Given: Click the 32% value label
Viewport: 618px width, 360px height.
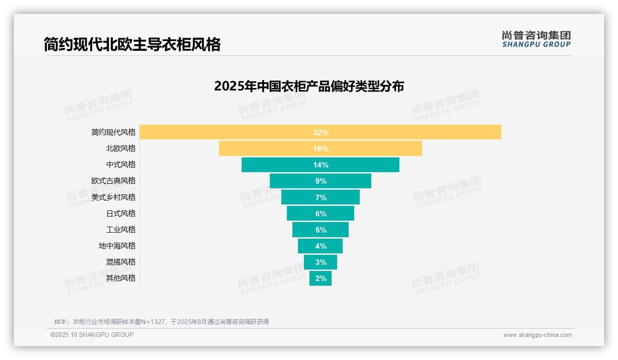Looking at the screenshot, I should [x=321, y=132].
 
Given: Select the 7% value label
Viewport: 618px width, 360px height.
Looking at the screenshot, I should [x=321, y=198].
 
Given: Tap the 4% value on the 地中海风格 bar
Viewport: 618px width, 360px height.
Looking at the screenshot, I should [x=321, y=246].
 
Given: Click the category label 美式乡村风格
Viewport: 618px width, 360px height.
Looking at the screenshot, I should [x=113, y=197].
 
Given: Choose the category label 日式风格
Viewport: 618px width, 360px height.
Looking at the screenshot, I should [x=121, y=213].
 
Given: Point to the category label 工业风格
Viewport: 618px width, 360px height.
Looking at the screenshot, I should [x=121, y=229].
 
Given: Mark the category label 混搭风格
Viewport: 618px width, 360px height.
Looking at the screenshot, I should [x=121, y=262].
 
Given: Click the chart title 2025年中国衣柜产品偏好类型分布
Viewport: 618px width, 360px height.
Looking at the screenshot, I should [x=309, y=86].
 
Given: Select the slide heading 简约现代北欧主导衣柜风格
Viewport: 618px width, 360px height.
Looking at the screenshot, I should [x=132, y=44].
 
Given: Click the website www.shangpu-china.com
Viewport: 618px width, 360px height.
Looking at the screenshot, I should [x=537, y=335].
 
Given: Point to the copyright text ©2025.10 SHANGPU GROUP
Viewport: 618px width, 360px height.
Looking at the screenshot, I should [x=92, y=335].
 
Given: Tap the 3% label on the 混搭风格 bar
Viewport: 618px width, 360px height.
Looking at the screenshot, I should [x=321, y=262].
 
